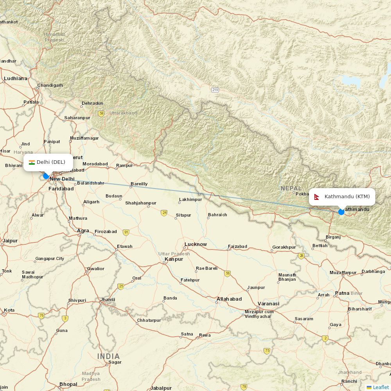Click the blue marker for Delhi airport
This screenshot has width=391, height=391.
(46, 176)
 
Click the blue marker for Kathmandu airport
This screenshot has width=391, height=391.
(341, 212)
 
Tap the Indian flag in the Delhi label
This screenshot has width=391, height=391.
(32, 162)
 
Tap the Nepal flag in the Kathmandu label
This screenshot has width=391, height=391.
(317, 197)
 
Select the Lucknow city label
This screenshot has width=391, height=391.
(195, 244)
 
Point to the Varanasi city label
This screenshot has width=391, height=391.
(268, 304)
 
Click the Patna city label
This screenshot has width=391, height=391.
(342, 293)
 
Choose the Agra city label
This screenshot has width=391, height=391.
(83, 231)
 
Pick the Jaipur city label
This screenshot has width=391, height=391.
(10, 241)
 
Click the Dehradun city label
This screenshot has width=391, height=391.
(92, 104)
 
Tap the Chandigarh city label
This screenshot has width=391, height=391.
(50, 85)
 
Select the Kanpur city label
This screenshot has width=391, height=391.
(174, 259)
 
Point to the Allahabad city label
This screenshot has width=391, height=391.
(229, 299)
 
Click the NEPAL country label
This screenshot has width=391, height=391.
(291, 188)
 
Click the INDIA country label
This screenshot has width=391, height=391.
(108, 356)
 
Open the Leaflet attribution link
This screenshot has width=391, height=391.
(380, 387)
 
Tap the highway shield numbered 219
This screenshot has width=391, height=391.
(215, 90)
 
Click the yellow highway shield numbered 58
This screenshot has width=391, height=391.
(102, 114)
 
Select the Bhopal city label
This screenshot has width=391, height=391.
(68, 384)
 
